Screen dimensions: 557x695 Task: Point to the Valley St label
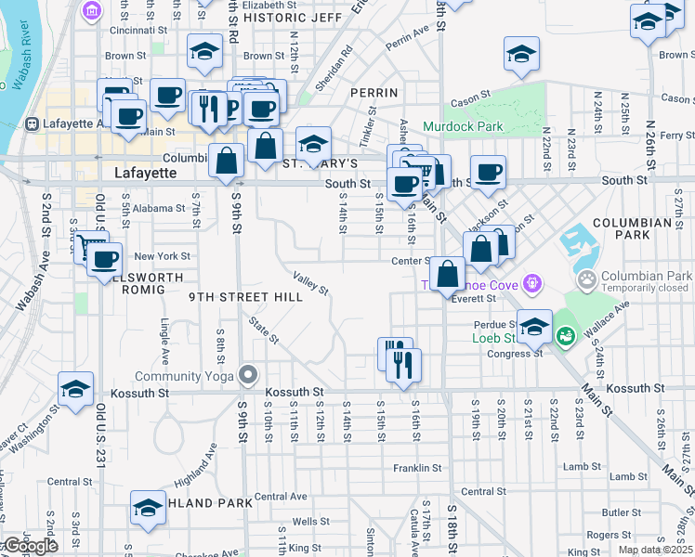point(310,282)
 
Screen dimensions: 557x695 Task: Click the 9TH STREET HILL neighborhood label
point(245,297)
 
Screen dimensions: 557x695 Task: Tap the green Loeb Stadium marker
point(564,335)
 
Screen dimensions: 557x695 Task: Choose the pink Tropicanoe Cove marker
point(531,282)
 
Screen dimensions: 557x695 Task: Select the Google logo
point(30,547)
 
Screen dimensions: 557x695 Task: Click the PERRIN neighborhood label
point(374,93)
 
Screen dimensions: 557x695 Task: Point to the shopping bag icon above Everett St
point(448,274)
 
